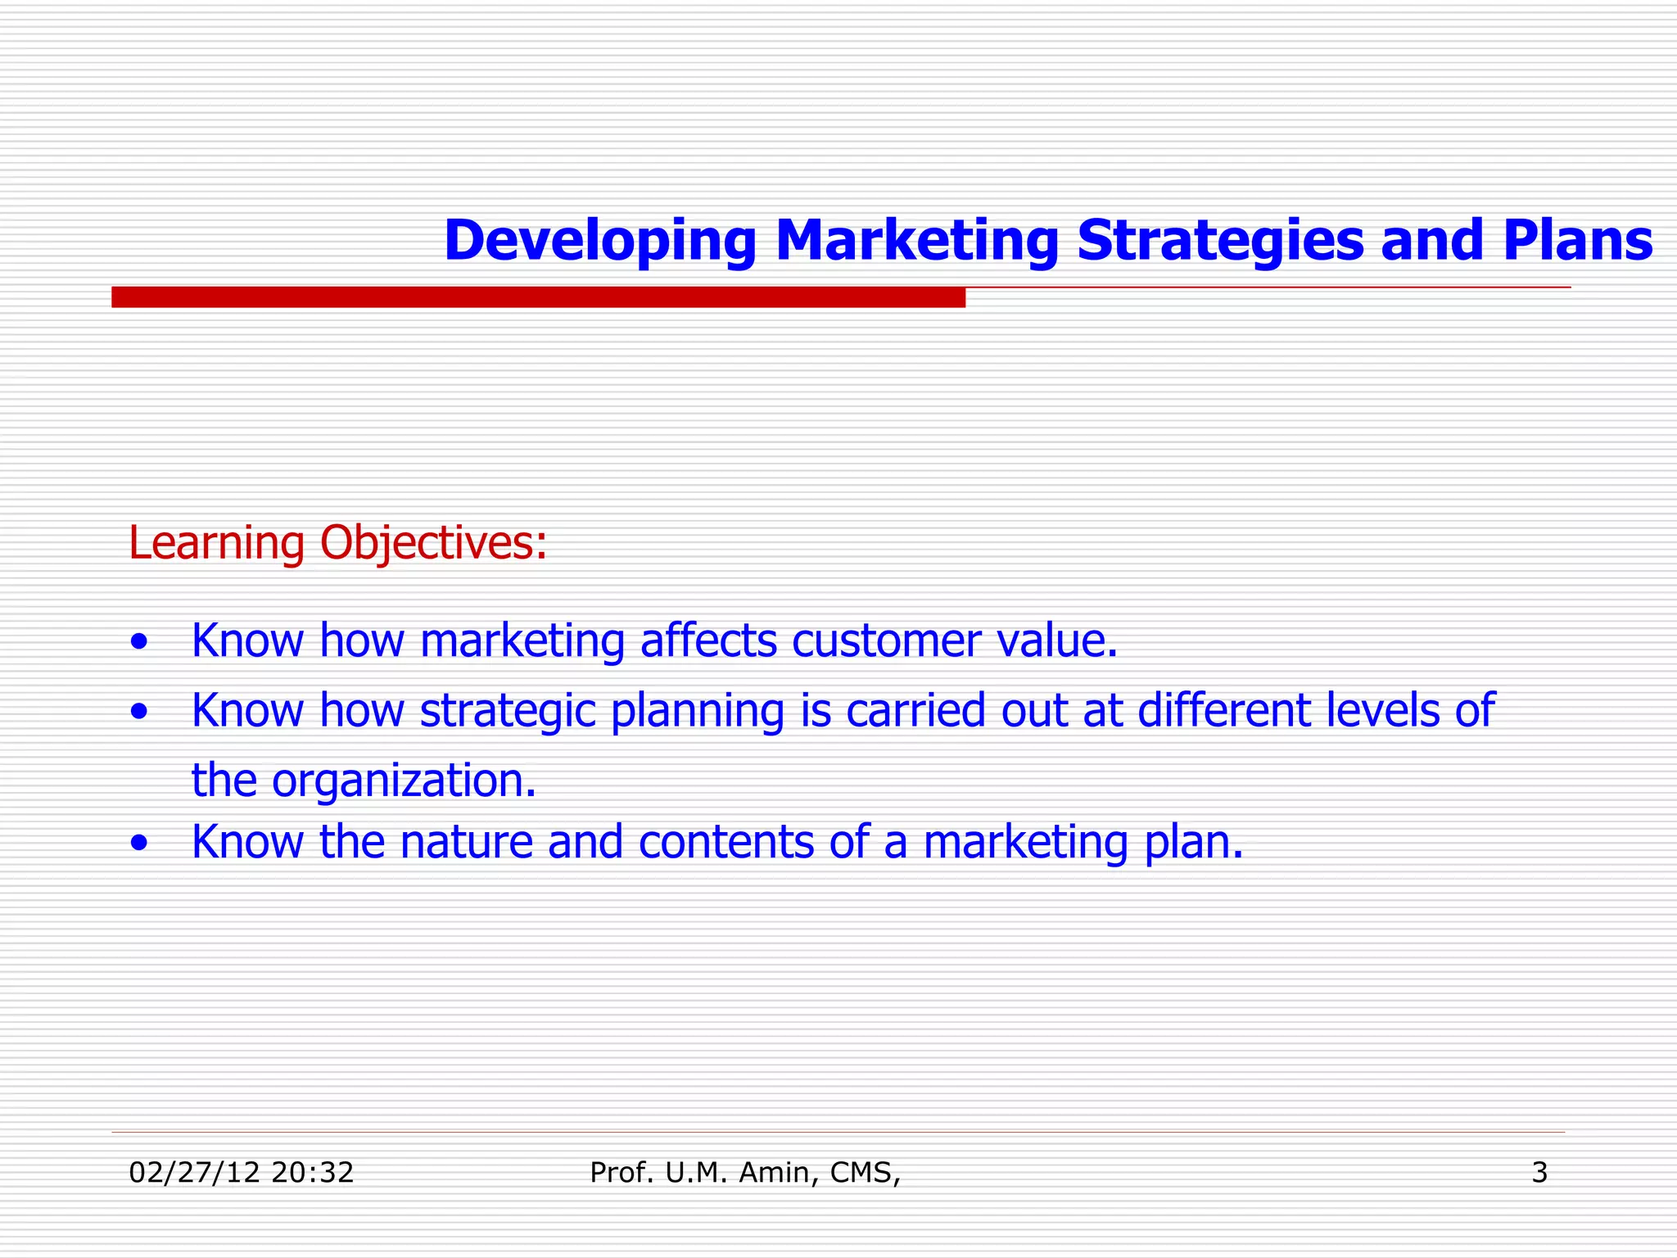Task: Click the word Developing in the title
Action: point(599,242)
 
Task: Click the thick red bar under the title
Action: point(538,297)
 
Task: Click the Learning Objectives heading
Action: point(337,543)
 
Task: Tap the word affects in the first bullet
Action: point(708,640)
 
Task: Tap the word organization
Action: point(404,781)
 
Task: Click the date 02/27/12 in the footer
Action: point(194,1173)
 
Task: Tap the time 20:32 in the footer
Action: point(312,1173)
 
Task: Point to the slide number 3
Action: point(1539,1173)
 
